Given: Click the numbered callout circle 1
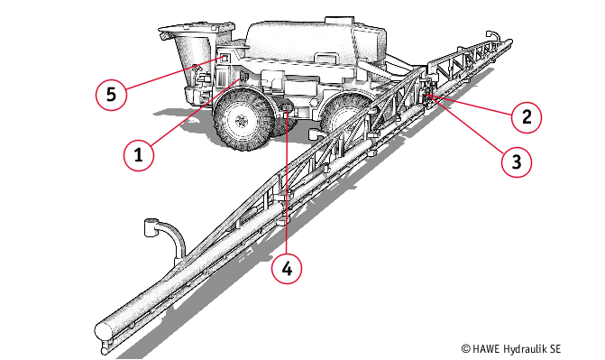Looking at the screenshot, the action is pos(139,156).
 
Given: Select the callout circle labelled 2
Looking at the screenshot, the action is pos(527,117).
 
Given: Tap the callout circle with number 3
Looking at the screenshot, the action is pos(517,162).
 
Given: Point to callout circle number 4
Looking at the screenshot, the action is pos(287,269).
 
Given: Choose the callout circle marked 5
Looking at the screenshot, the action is pos(111,95).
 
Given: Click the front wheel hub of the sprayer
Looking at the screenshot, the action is pos(242,121).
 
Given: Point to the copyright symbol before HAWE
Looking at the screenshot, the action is pos(466,349).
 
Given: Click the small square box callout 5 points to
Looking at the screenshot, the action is pos(225,59).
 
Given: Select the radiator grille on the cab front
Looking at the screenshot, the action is pos(220,79).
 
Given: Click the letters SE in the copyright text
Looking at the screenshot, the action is pos(555,349).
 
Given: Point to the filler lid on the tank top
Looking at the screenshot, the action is pos(339,20).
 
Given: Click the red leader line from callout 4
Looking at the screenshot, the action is pos(287,183).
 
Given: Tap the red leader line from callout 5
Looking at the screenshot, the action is pos(174,74).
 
